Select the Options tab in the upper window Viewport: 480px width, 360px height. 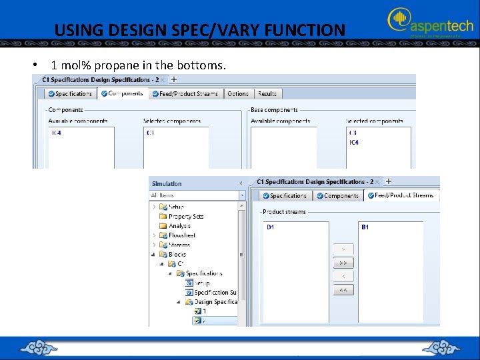click(237, 94)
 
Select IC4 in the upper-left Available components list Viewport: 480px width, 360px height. click(56, 133)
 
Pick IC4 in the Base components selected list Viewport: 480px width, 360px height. click(353, 142)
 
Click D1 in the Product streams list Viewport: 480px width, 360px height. click(271, 227)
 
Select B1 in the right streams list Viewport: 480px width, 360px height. click(365, 227)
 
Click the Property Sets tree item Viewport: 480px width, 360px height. click(185, 216)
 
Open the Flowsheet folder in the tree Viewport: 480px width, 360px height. click(181, 235)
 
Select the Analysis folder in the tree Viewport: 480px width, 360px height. click(179, 226)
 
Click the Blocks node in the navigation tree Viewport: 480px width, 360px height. click(177, 254)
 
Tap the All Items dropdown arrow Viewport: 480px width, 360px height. click(241, 195)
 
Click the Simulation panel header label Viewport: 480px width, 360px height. click(167, 183)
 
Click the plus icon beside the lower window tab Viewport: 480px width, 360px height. click(389, 181)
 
